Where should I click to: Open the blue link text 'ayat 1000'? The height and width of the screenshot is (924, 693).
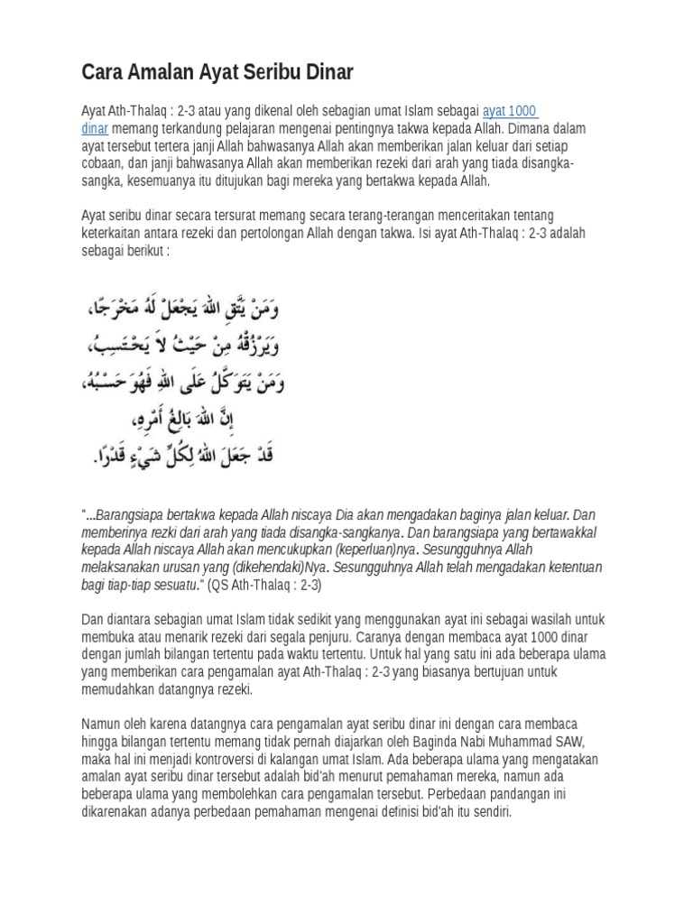[x=510, y=111]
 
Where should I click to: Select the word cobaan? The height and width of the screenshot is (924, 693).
[x=104, y=162]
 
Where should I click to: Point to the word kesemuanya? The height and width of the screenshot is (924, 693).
[x=158, y=180]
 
